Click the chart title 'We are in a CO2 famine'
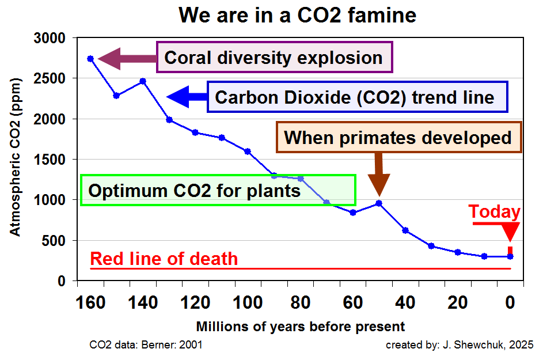point(297,14)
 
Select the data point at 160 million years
point(90,59)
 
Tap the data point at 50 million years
point(379,203)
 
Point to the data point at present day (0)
point(510,256)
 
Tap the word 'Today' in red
point(494,212)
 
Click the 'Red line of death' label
point(164,259)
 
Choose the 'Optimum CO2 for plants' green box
point(218,190)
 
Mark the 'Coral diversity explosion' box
point(274,58)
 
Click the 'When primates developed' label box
point(398,138)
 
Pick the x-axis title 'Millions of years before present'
point(301,327)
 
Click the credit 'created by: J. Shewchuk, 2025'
point(460,345)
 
